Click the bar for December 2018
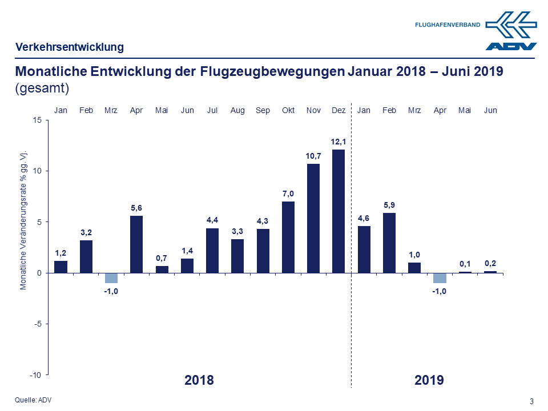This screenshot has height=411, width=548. tap(339, 211)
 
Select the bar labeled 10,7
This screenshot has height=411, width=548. tap(313, 218)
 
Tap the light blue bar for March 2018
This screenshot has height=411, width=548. tap(111, 278)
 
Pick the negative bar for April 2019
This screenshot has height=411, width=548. tap(439, 278)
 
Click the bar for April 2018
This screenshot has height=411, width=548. tap(136, 244)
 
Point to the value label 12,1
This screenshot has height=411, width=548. tap(339, 142)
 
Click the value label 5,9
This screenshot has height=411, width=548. tap(389, 205)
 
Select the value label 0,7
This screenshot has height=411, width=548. tap(162, 258)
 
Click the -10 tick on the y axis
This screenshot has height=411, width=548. tap(35, 375)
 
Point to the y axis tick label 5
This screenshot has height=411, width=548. tap(38, 222)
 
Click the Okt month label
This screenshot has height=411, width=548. tap(288, 110)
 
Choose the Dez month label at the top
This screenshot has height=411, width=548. tap(339, 110)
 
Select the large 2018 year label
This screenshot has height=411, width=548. tap(199, 380)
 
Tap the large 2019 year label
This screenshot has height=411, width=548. tap(429, 380)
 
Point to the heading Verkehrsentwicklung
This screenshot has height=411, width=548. tap(70, 47)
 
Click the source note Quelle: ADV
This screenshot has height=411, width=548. tap(33, 400)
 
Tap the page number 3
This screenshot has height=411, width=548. tap(531, 401)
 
